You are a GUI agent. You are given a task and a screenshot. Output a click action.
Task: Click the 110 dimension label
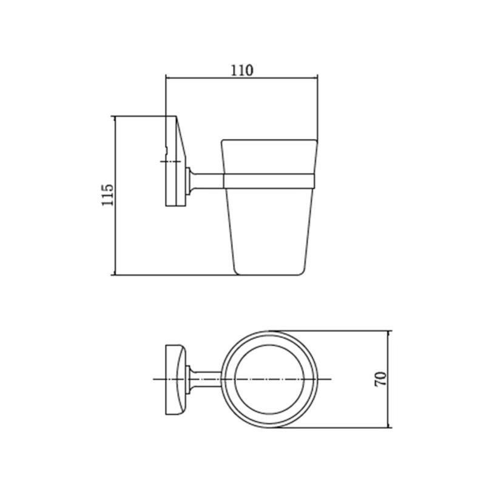(x=242, y=70)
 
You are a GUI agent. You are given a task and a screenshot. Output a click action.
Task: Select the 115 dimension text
(x=107, y=195)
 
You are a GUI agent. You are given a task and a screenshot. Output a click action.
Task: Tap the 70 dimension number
(x=380, y=379)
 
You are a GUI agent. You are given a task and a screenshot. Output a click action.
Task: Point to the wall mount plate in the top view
(x=175, y=379)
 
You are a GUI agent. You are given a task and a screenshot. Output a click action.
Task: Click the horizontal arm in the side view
(x=206, y=181)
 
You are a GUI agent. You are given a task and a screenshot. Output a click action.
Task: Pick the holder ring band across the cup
(x=269, y=181)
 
